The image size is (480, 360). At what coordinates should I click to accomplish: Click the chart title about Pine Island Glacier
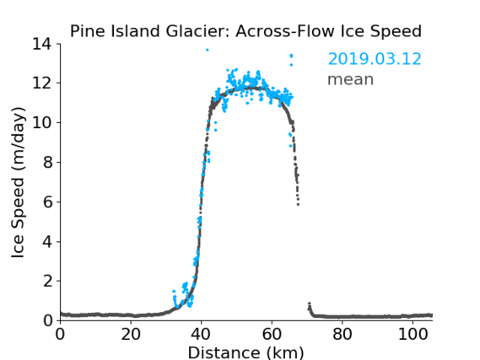(245, 31)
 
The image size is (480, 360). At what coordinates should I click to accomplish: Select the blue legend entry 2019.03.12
(375, 59)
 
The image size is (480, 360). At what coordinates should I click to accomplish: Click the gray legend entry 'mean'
(351, 79)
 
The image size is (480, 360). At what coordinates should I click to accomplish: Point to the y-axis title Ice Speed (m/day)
(18, 182)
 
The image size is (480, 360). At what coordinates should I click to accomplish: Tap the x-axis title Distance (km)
(245, 352)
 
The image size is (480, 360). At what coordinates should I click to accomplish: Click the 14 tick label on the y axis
(42, 44)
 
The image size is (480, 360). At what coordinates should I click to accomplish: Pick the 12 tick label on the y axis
(42, 83)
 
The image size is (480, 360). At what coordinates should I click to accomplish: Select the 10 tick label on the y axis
(42, 122)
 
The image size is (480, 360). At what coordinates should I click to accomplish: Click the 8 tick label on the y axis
(47, 163)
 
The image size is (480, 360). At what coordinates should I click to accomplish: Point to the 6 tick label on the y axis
(47, 201)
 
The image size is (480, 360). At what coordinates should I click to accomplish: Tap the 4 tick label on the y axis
(47, 242)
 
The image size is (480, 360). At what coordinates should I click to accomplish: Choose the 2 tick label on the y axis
(47, 281)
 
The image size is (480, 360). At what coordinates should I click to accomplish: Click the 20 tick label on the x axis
(131, 334)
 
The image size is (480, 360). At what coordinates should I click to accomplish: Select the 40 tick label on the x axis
(201, 334)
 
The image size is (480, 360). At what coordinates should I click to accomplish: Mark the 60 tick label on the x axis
(272, 334)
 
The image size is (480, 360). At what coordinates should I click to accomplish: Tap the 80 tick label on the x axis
(342, 334)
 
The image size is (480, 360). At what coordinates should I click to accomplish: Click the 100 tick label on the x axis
(413, 334)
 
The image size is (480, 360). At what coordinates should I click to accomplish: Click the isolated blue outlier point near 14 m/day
(208, 50)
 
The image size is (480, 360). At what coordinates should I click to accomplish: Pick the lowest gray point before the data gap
(298, 204)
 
